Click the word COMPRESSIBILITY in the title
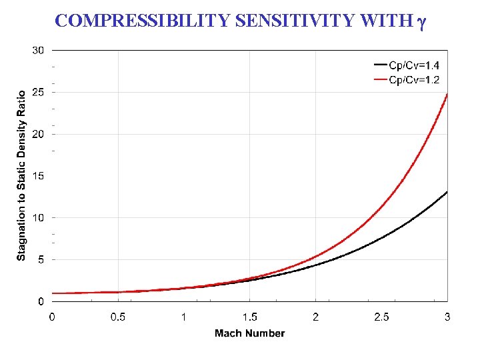click(x=143, y=21)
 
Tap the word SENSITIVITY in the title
click(x=295, y=21)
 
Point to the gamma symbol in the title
click(x=421, y=22)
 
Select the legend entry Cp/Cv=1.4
click(x=418, y=65)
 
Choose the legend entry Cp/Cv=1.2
click(x=418, y=80)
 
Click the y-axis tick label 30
click(x=38, y=50)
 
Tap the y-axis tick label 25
click(x=38, y=92)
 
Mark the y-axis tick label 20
click(x=38, y=134)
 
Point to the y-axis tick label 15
click(x=38, y=176)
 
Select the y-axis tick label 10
click(x=38, y=218)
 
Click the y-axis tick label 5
click(x=41, y=260)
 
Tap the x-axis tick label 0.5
click(x=118, y=316)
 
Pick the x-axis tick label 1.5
click(x=249, y=316)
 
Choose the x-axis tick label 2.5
click(x=381, y=316)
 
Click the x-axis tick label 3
click(x=447, y=316)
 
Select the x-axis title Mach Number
click(x=249, y=333)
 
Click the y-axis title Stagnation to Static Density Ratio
click(x=21, y=176)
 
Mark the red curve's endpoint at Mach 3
click(x=447, y=94)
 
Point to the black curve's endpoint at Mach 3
click(x=447, y=192)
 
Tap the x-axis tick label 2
click(x=315, y=316)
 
